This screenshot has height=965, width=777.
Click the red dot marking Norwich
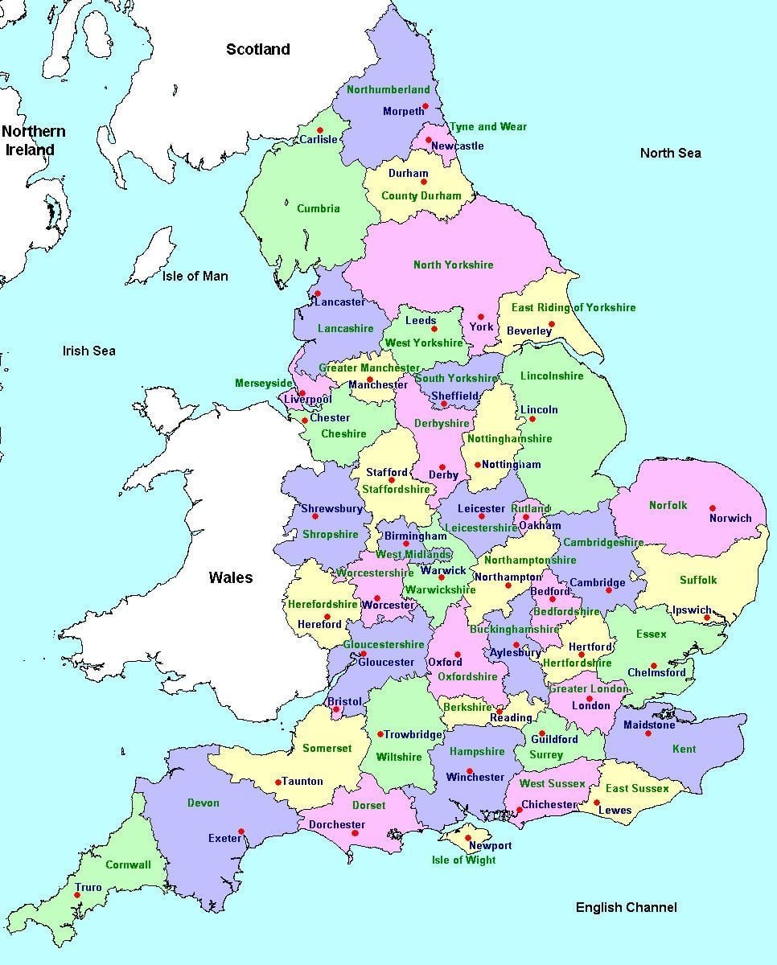coord(713,508)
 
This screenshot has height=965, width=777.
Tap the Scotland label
coord(257,50)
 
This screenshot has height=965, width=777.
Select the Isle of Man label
coord(195,276)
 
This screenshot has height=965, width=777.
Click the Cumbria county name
coord(319,208)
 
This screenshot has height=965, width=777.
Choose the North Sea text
coord(670,153)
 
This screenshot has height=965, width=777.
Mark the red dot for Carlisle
coord(320,129)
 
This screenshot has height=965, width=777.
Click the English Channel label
coord(626,907)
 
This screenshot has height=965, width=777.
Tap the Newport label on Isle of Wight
coord(490,846)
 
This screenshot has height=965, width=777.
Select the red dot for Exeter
coord(241,832)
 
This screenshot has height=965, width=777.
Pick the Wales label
coord(231,577)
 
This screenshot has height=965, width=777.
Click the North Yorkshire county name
coord(453,265)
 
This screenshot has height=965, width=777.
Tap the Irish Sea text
coord(89,351)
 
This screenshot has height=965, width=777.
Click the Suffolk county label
coord(697,580)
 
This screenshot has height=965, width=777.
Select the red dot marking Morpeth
coord(425,106)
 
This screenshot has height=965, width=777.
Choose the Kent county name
coord(684,749)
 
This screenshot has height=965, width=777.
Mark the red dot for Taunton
coord(278,782)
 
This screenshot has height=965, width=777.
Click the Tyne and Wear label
coord(487,126)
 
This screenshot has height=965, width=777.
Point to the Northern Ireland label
coord(33,140)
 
